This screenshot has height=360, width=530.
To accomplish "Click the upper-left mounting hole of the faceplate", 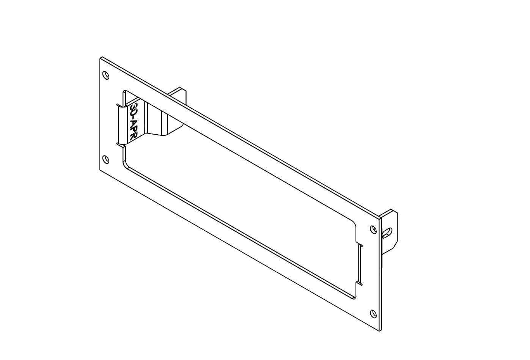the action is click(x=106, y=75).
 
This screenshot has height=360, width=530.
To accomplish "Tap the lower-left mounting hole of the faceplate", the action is click(x=106, y=159).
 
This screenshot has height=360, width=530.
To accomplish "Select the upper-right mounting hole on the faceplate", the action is click(x=373, y=230).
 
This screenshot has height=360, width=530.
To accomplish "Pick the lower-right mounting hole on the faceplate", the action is click(x=373, y=314).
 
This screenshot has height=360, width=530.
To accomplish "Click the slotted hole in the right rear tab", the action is click(x=387, y=232).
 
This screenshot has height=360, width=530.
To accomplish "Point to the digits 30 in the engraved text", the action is click(x=135, y=109).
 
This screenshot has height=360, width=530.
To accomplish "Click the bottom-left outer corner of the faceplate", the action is click(x=100, y=170).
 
